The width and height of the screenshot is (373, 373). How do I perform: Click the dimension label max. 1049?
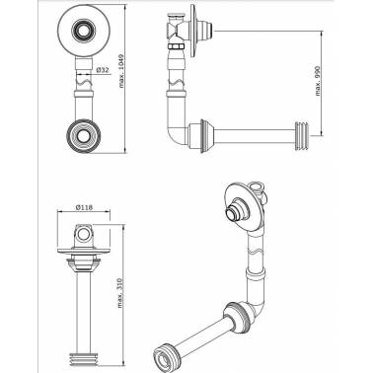[121, 71]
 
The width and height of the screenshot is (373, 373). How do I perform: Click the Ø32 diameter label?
[103, 70]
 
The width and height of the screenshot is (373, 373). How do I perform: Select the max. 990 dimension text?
[318, 81]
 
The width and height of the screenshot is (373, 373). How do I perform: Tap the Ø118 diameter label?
[84, 207]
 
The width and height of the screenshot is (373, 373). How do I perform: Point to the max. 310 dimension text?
[120, 293]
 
